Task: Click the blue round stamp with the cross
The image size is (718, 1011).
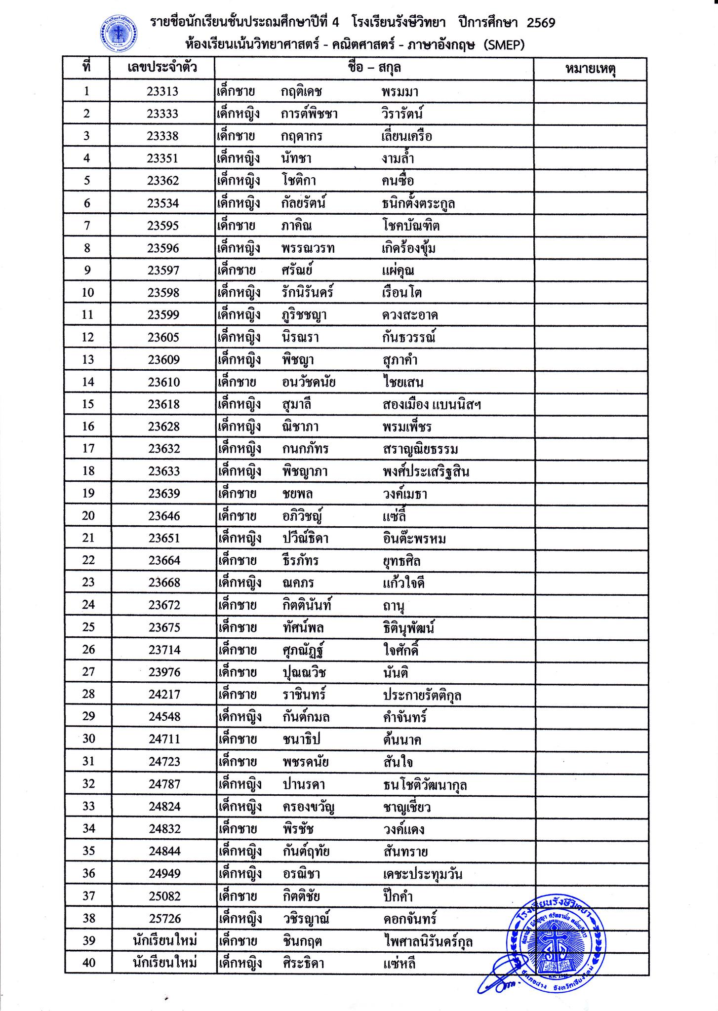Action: click(555, 939)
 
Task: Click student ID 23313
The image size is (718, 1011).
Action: click(162, 91)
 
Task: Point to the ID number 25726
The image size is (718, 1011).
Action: click(165, 919)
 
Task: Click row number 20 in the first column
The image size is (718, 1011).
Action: click(88, 516)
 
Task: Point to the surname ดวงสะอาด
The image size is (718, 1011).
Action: click(410, 315)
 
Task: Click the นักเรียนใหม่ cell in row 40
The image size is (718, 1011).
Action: click(165, 963)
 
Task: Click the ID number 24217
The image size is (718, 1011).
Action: click(165, 695)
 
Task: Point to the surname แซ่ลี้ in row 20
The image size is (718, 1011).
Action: click(394, 516)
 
